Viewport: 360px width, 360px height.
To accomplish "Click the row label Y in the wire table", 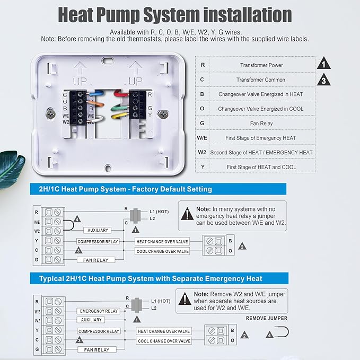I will coord(202,167).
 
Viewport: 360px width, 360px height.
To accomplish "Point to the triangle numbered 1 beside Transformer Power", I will coord(324,64).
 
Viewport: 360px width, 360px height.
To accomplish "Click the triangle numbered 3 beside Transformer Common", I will coord(324,80).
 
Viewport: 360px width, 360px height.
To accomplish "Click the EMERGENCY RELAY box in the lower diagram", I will coord(99,311).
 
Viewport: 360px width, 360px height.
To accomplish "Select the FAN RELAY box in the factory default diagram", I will coord(96,260).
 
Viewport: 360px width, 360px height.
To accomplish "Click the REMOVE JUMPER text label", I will coord(267,318).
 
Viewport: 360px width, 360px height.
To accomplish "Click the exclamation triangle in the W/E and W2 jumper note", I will coord(187,214).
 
